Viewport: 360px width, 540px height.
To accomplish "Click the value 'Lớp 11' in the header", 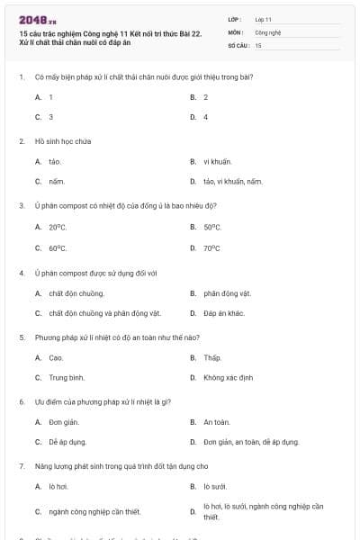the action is point(263,19).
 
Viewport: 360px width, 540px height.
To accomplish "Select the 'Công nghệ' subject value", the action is point(268,31).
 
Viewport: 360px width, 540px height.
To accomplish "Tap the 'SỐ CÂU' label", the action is point(238,44).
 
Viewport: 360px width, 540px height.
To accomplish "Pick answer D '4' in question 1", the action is point(205,117).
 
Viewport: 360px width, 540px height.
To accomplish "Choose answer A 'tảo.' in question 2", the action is point(55,161).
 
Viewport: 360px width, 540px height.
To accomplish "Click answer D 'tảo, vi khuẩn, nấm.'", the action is point(233,182).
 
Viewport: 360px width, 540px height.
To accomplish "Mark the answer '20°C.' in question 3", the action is point(58,227).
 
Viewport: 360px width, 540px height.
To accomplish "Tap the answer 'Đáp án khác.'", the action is point(224,313).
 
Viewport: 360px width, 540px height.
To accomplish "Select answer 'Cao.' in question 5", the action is point(56,357).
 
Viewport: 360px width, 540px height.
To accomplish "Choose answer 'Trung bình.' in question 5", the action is point(67,378).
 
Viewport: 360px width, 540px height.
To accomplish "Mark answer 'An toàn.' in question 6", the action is point(217,422).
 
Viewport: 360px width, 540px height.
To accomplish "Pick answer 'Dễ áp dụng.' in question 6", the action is point(67,442).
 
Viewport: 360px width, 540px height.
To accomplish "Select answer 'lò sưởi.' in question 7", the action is point(217,486).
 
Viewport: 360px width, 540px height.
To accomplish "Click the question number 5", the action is point(21,337).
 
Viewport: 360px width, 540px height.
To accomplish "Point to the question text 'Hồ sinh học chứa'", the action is point(63,141).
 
